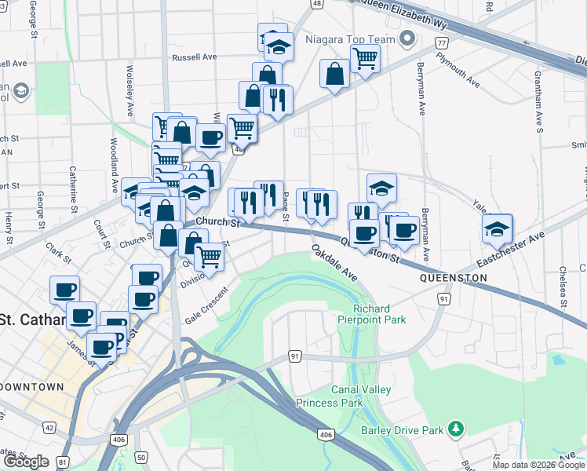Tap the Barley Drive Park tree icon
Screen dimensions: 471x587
454,429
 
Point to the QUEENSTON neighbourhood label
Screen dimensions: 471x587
453,278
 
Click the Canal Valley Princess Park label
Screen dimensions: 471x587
330,396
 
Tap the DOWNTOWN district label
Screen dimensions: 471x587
32,387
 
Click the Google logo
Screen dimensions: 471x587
26,462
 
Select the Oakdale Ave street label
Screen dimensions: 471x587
334,263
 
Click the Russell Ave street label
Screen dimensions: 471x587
195,57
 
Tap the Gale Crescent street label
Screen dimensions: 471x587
206,306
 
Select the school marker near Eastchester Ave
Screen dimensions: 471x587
497,228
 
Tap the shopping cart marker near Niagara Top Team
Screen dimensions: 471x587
365,57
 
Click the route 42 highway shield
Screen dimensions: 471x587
49,427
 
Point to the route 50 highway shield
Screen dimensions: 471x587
141,457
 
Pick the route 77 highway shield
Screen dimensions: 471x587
443,42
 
